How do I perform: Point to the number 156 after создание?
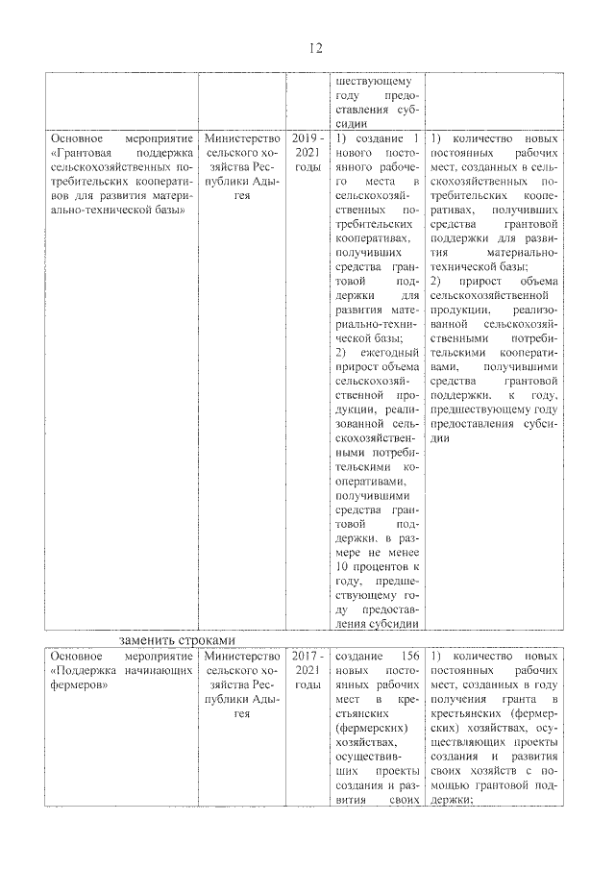click(408, 655)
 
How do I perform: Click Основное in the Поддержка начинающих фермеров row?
click(78, 655)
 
